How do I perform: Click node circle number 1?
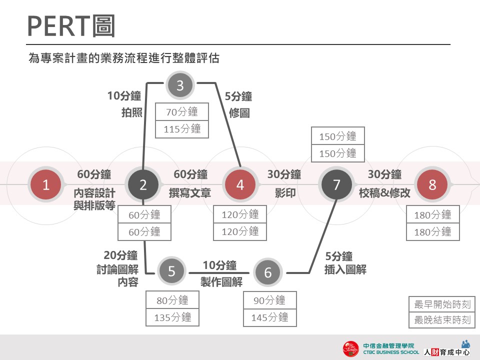point(46,184)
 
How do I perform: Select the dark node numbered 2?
point(143,184)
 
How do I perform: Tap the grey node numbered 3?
point(180,85)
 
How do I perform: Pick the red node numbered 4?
point(240,184)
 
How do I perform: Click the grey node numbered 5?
point(171,271)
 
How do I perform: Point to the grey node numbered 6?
point(268,272)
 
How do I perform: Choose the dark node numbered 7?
point(336,184)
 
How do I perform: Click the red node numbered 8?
point(432,184)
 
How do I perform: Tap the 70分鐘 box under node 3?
point(182,111)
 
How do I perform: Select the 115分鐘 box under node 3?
point(182,129)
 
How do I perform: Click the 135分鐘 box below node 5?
point(172,317)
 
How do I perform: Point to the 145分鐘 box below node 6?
point(269,317)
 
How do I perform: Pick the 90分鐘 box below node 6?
point(269,300)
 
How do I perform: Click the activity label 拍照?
point(132,112)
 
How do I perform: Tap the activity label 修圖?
point(239,113)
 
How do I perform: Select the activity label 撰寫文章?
point(190,193)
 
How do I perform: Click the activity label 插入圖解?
point(345,269)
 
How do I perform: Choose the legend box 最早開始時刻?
point(442,304)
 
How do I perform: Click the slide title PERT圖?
point(71,26)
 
